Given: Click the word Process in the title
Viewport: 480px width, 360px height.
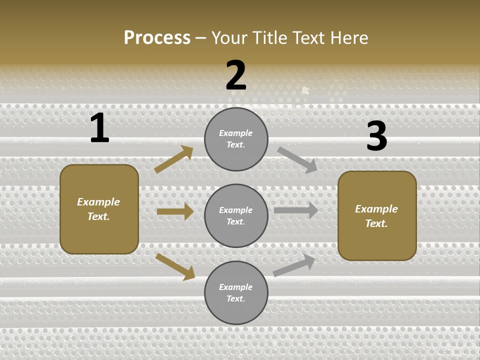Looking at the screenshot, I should point(157,38).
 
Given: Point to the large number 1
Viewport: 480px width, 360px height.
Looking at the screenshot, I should point(99,128).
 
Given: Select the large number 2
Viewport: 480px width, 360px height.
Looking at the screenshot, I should point(236,75).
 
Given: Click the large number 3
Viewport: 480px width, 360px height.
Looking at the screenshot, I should point(376,136).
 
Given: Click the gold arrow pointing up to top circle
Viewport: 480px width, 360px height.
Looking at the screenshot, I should point(173,159).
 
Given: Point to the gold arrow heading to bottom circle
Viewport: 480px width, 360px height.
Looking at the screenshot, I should point(175,266).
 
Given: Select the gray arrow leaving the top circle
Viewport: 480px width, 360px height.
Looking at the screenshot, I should point(297,159).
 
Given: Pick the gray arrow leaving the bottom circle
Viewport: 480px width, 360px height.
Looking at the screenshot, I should point(294,265).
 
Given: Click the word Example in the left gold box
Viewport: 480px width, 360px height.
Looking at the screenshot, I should point(98,202).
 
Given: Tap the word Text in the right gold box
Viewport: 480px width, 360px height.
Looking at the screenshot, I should point(376,223).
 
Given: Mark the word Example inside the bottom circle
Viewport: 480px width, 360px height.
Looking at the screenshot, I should point(236,287).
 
